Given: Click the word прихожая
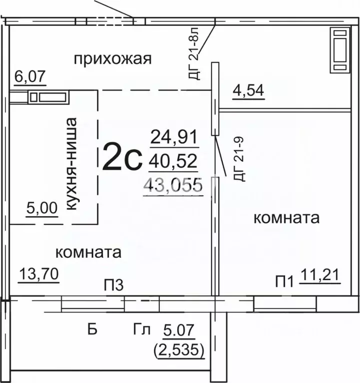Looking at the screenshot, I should [112, 59].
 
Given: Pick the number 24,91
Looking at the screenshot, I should [175, 136].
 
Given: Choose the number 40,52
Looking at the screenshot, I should [175, 161].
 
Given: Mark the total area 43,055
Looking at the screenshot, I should [173, 185].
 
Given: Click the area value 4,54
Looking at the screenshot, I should [248, 91].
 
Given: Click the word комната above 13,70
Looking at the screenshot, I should [88, 252].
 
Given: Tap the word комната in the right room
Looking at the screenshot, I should [287, 218].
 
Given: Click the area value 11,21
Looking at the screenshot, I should [320, 275].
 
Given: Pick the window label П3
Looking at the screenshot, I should [113, 285].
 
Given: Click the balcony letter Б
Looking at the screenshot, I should [91, 330].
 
